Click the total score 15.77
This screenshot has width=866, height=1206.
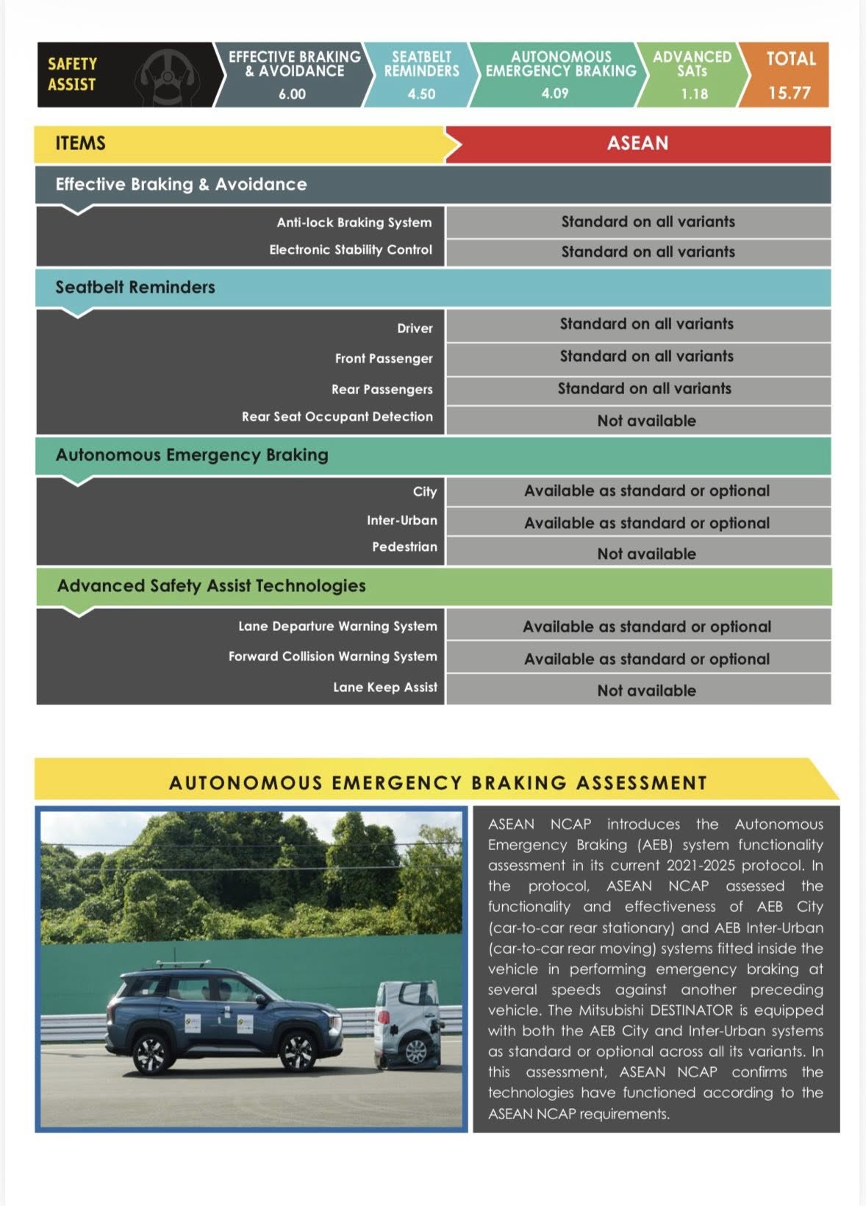(789, 93)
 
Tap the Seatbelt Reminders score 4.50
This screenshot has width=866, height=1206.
(421, 94)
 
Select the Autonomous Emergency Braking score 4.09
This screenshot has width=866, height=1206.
(555, 93)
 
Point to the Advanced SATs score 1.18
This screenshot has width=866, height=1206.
(694, 94)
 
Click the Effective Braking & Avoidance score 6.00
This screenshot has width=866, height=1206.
(292, 94)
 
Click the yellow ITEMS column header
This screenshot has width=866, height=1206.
(81, 143)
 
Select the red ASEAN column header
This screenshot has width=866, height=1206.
(637, 143)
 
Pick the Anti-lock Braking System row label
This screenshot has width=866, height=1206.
(354, 222)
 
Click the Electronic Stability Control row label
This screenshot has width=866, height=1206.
(350, 250)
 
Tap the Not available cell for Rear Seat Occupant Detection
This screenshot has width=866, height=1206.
(646, 421)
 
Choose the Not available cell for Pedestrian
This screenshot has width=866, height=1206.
(646, 554)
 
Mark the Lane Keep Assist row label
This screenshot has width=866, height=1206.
(384, 688)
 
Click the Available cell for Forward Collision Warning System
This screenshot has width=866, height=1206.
(646, 659)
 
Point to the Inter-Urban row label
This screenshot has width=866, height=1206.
(401, 521)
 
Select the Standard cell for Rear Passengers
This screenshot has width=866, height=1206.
(644, 388)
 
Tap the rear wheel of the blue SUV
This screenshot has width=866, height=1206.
(151, 1053)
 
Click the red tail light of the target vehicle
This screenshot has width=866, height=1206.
(384, 1018)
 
